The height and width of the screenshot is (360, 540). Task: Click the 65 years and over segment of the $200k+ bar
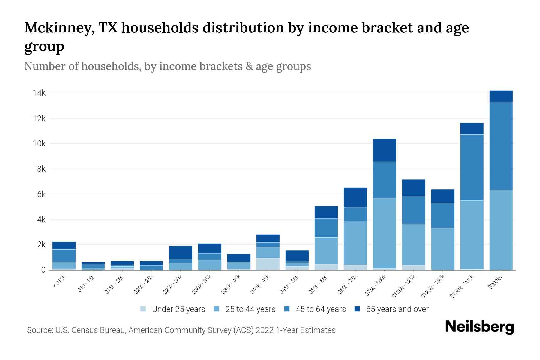click(x=501, y=96)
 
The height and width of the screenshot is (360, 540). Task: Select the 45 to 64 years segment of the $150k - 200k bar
click(x=472, y=167)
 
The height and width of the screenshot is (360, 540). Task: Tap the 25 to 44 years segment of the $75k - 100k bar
click(x=384, y=233)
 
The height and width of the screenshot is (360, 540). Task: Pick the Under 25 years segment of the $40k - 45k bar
click(x=268, y=264)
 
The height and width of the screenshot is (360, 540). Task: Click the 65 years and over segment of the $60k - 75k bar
click(x=355, y=197)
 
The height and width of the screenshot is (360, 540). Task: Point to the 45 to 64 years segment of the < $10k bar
click(x=64, y=256)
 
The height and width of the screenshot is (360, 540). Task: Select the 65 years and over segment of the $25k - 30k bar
click(x=181, y=252)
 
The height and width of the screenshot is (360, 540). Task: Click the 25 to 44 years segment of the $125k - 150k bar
click(x=442, y=249)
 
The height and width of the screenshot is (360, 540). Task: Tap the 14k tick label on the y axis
click(x=39, y=93)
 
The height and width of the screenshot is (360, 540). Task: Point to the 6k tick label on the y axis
click(x=41, y=194)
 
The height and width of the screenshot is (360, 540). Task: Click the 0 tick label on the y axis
click(x=43, y=270)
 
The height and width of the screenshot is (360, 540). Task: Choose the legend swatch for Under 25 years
click(x=143, y=309)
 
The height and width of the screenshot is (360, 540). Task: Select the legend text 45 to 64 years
click(x=321, y=309)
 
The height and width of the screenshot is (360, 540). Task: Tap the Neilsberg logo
click(x=480, y=327)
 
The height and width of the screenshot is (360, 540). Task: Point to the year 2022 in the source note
click(x=265, y=330)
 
